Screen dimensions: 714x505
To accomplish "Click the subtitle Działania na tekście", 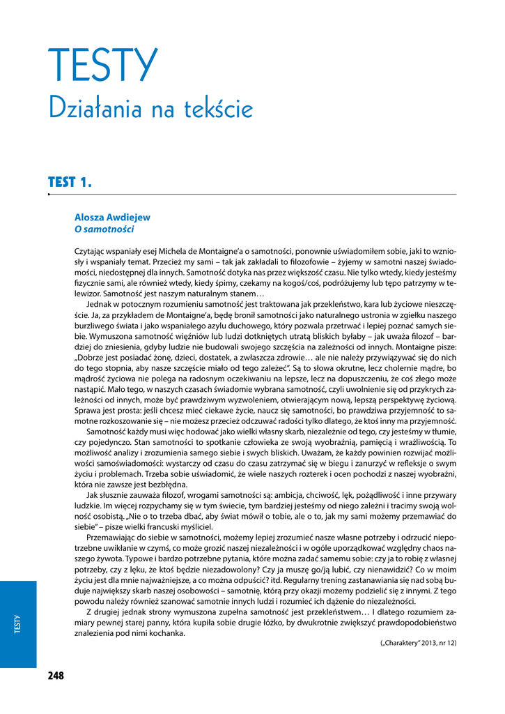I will tap(150, 109).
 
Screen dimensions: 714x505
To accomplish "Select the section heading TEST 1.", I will tap(70, 183).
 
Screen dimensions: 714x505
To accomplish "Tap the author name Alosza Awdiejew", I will tap(112, 218).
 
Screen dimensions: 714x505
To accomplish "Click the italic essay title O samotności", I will tap(104, 229).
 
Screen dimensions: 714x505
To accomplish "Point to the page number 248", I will tap(56, 676).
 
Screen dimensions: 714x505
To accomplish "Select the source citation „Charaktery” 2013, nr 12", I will tap(418, 642).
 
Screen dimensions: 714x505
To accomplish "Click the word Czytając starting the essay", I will tap(91, 252).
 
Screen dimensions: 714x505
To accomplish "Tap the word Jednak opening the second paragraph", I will tap(100, 304).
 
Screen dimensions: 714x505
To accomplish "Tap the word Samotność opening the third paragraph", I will tap(108, 432).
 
